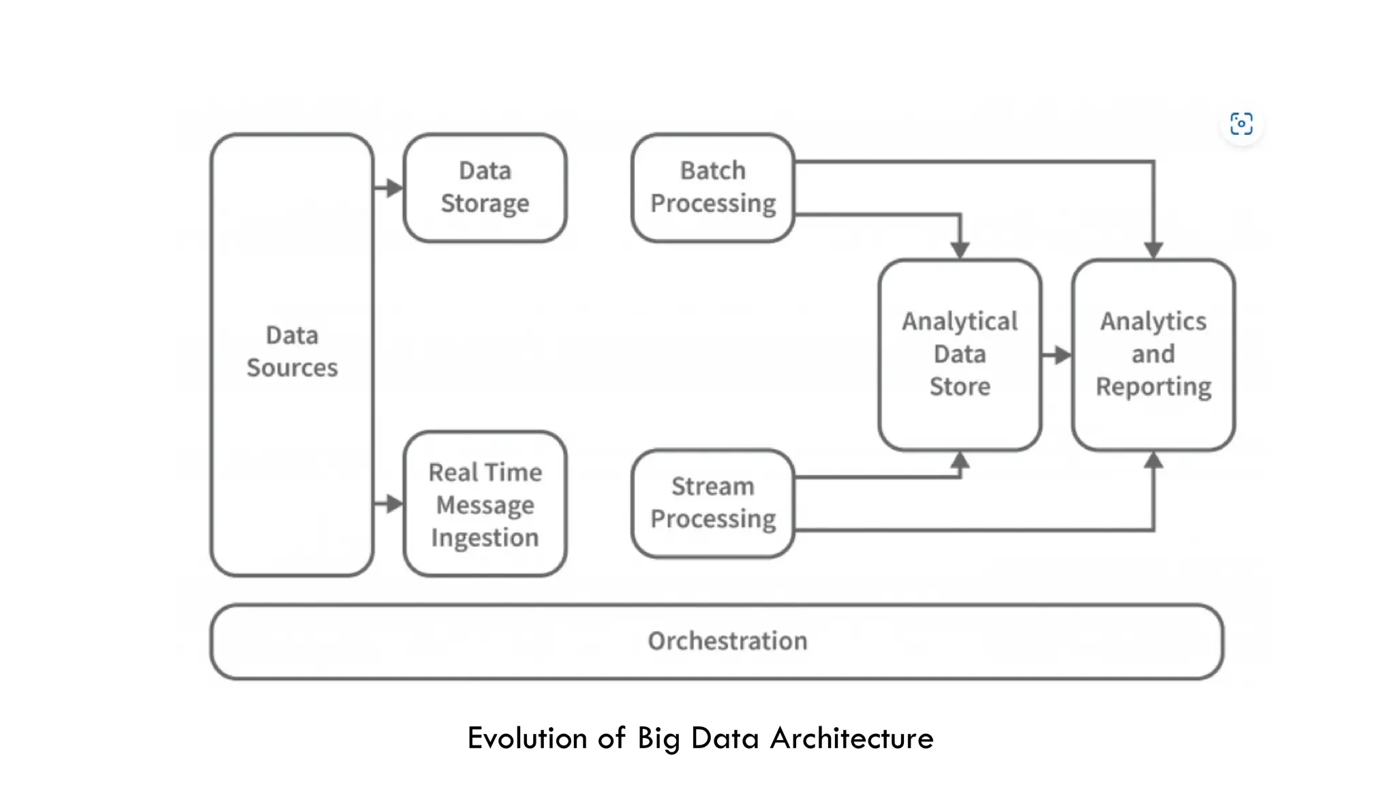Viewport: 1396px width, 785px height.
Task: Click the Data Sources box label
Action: (x=292, y=352)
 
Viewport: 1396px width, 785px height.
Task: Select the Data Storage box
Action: (x=485, y=187)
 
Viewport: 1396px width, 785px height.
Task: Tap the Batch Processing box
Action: (x=712, y=187)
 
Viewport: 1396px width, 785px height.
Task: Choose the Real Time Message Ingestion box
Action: (x=485, y=504)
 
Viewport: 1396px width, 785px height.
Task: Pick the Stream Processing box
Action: (x=712, y=503)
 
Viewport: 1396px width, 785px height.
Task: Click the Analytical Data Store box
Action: (x=960, y=354)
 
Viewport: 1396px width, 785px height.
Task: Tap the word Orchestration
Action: (x=727, y=641)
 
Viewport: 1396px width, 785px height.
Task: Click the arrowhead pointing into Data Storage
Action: (x=394, y=187)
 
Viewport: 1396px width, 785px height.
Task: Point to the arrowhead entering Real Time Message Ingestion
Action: (x=394, y=504)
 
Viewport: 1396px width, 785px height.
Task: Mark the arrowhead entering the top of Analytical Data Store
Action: (x=960, y=249)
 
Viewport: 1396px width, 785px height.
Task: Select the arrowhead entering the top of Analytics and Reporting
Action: (x=1153, y=249)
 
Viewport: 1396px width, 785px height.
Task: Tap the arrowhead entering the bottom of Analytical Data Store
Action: (x=960, y=461)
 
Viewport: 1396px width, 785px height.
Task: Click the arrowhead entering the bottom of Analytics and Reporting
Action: (x=1153, y=461)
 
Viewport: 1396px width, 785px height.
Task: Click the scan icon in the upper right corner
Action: (x=1241, y=124)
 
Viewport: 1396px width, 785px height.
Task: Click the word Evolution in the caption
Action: (x=527, y=738)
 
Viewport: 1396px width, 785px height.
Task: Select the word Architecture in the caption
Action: (x=851, y=738)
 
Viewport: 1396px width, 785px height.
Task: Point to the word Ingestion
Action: (x=485, y=538)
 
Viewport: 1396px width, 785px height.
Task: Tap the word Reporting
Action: (x=1153, y=386)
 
